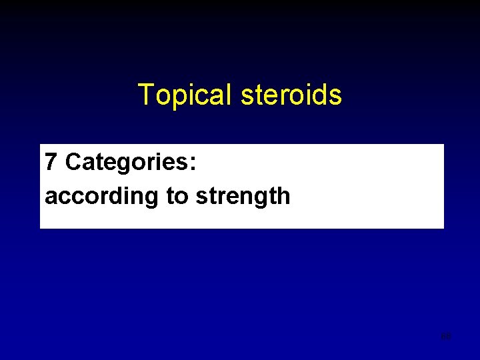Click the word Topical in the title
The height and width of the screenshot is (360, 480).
[185, 95]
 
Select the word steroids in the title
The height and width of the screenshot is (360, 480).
[291, 95]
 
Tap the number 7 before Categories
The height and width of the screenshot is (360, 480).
[51, 162]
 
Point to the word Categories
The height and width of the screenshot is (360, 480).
[126, 162]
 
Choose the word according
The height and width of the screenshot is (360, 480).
[103, 197]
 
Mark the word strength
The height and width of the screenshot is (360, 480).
[243, 197]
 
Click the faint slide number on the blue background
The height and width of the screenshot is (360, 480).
[446, 336]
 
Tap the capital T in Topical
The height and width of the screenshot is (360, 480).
[145, 95]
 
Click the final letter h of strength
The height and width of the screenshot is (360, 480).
[284, 196]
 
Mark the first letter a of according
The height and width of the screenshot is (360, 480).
[51, 197]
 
